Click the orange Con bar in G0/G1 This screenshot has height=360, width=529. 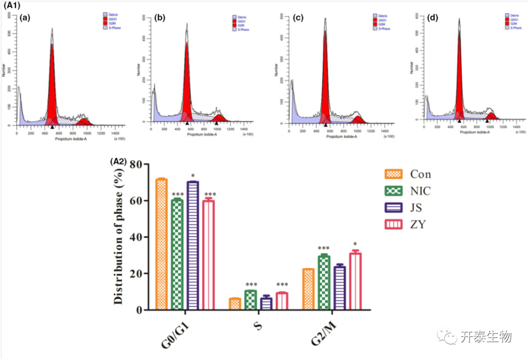coord(161,245)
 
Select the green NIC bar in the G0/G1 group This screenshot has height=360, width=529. coord(177,255)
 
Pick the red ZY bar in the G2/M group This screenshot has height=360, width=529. coord(356,282)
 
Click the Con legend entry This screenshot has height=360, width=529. coord(420,174)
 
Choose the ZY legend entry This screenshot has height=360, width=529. coord(419,225)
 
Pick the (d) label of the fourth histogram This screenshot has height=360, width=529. coord(433,19)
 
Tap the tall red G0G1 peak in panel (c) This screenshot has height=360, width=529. coord(325,73)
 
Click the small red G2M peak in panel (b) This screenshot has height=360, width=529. coord(217,118)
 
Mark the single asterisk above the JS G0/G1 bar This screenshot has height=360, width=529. coord(193,176)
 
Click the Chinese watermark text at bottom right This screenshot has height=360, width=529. coord(485,337)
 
